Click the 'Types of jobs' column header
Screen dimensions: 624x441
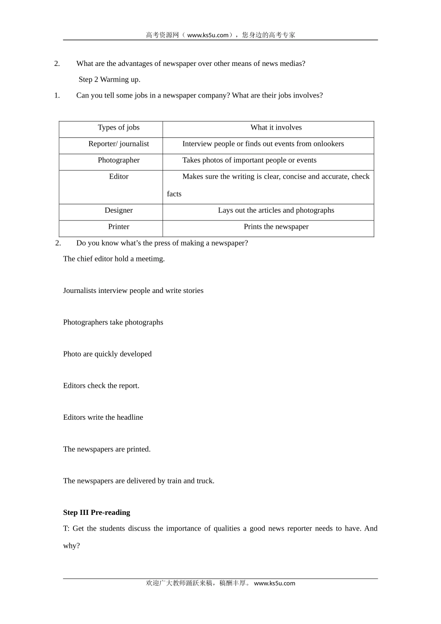[x=118, y=128]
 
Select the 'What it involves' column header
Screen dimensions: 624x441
[x=276, y=128]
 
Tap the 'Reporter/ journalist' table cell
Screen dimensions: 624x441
[x=118, y=144]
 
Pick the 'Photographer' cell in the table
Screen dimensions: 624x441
[x=118, y=160]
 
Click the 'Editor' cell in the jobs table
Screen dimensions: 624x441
[x=118, y=176]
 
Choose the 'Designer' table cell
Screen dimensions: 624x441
[x=118, y=210]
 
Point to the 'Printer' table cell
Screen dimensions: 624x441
[x=118, y=227]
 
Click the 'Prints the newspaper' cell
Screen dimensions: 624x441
[x=276, y=227]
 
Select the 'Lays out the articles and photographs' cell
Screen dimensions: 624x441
[x=276, y=210]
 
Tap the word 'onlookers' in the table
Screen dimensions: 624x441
[x=329, y=144]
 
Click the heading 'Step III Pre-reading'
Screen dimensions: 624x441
[x=97, y=513]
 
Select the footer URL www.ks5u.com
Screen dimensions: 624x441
[x=274, y=584]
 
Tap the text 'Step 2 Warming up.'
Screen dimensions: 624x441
[x=110, y=79]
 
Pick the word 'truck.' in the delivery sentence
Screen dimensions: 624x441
[x=205, y=481]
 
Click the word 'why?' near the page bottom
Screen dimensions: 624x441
[x=71, y=546]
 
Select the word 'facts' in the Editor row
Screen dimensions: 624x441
[x=174, y=194]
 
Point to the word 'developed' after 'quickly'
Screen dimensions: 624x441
[x=136, y=354]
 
